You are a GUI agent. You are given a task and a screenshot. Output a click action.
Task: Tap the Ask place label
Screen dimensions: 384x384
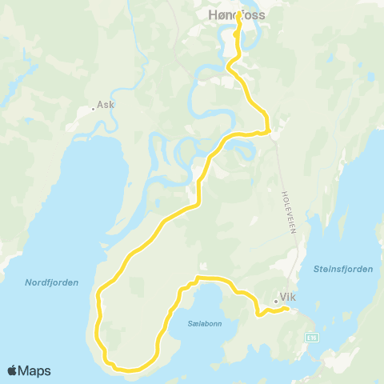pyautogui.click(x=106, y=105)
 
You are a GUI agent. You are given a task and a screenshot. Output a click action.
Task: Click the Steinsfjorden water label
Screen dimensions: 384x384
pyautogui.click(x=344, y=270)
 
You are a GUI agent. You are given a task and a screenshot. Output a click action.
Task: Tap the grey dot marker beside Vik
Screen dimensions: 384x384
pyautogui.click(x=275, y=302)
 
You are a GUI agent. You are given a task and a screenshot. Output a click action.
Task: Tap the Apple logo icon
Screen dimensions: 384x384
pyautogui.click(x=13, y=371)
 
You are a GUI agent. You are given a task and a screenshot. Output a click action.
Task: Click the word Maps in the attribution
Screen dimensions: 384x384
pyautogui.click(x=35, y=371)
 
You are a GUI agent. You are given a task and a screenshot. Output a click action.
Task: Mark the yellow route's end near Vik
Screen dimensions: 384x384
pyautogui.click(x=286, y=310)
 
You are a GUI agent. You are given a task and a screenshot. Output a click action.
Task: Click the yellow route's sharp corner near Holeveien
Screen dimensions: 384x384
pyautogui.click(x=269, y=130)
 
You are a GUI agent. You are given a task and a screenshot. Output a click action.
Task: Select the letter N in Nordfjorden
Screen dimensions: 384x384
pyautogui.click(x=28, y=282)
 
